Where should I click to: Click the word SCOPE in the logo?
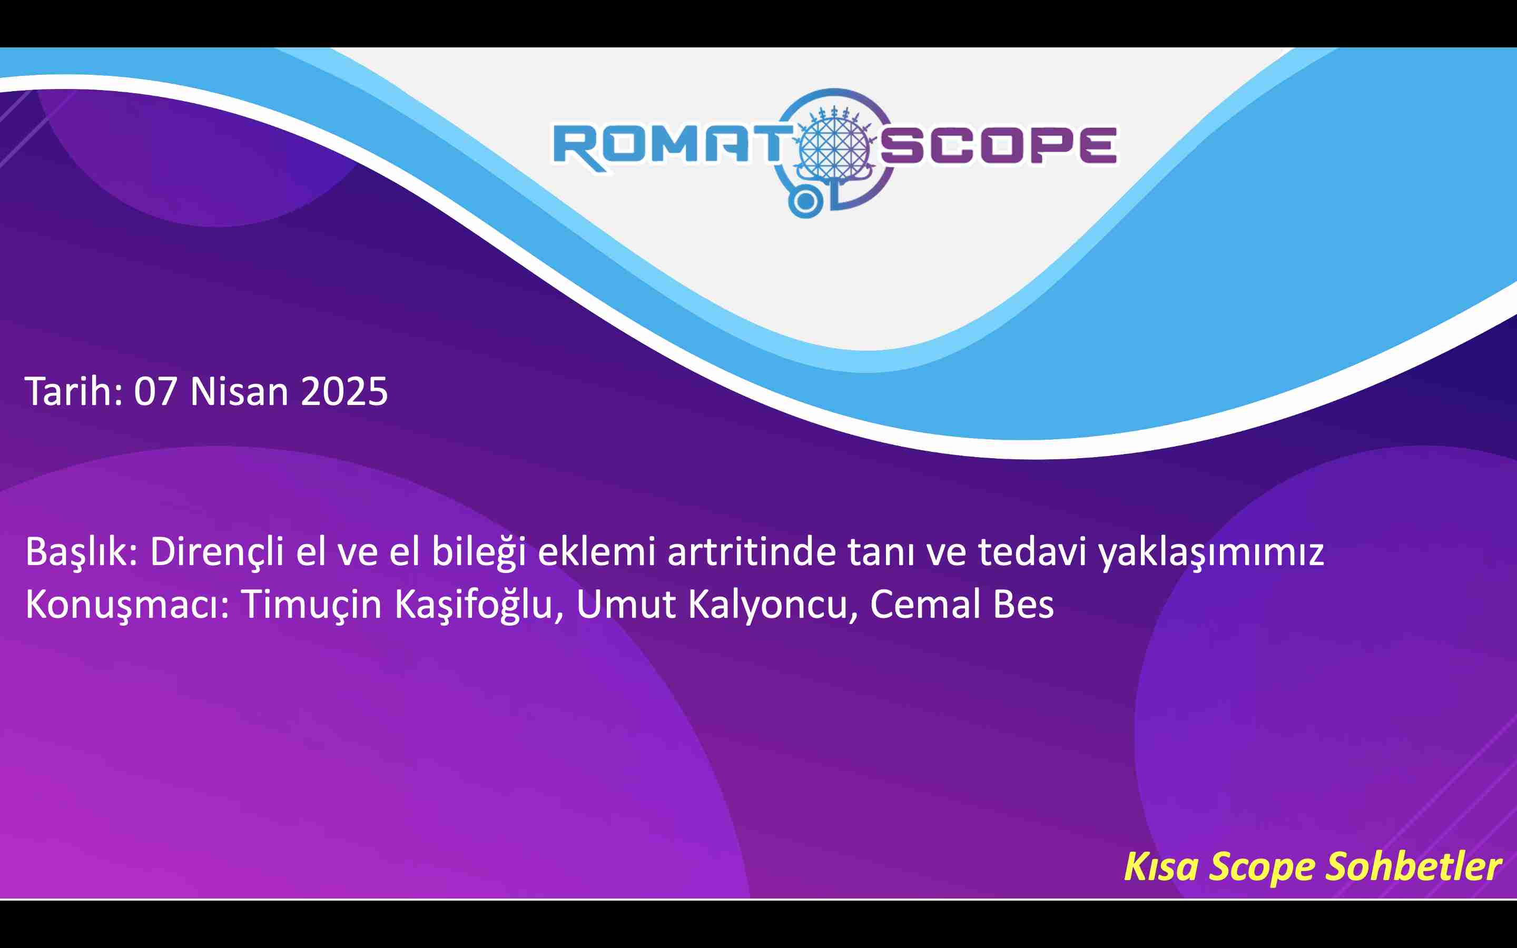pos(999,146)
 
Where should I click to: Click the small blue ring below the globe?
pos(805,202)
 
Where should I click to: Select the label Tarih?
pos(74,391)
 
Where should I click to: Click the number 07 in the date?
pos(155,392)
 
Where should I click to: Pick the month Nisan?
pos(239,391)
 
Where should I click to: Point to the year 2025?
pos(344,392)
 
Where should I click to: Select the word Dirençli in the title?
pos(217,552)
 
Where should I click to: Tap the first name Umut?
pos(626,605)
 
